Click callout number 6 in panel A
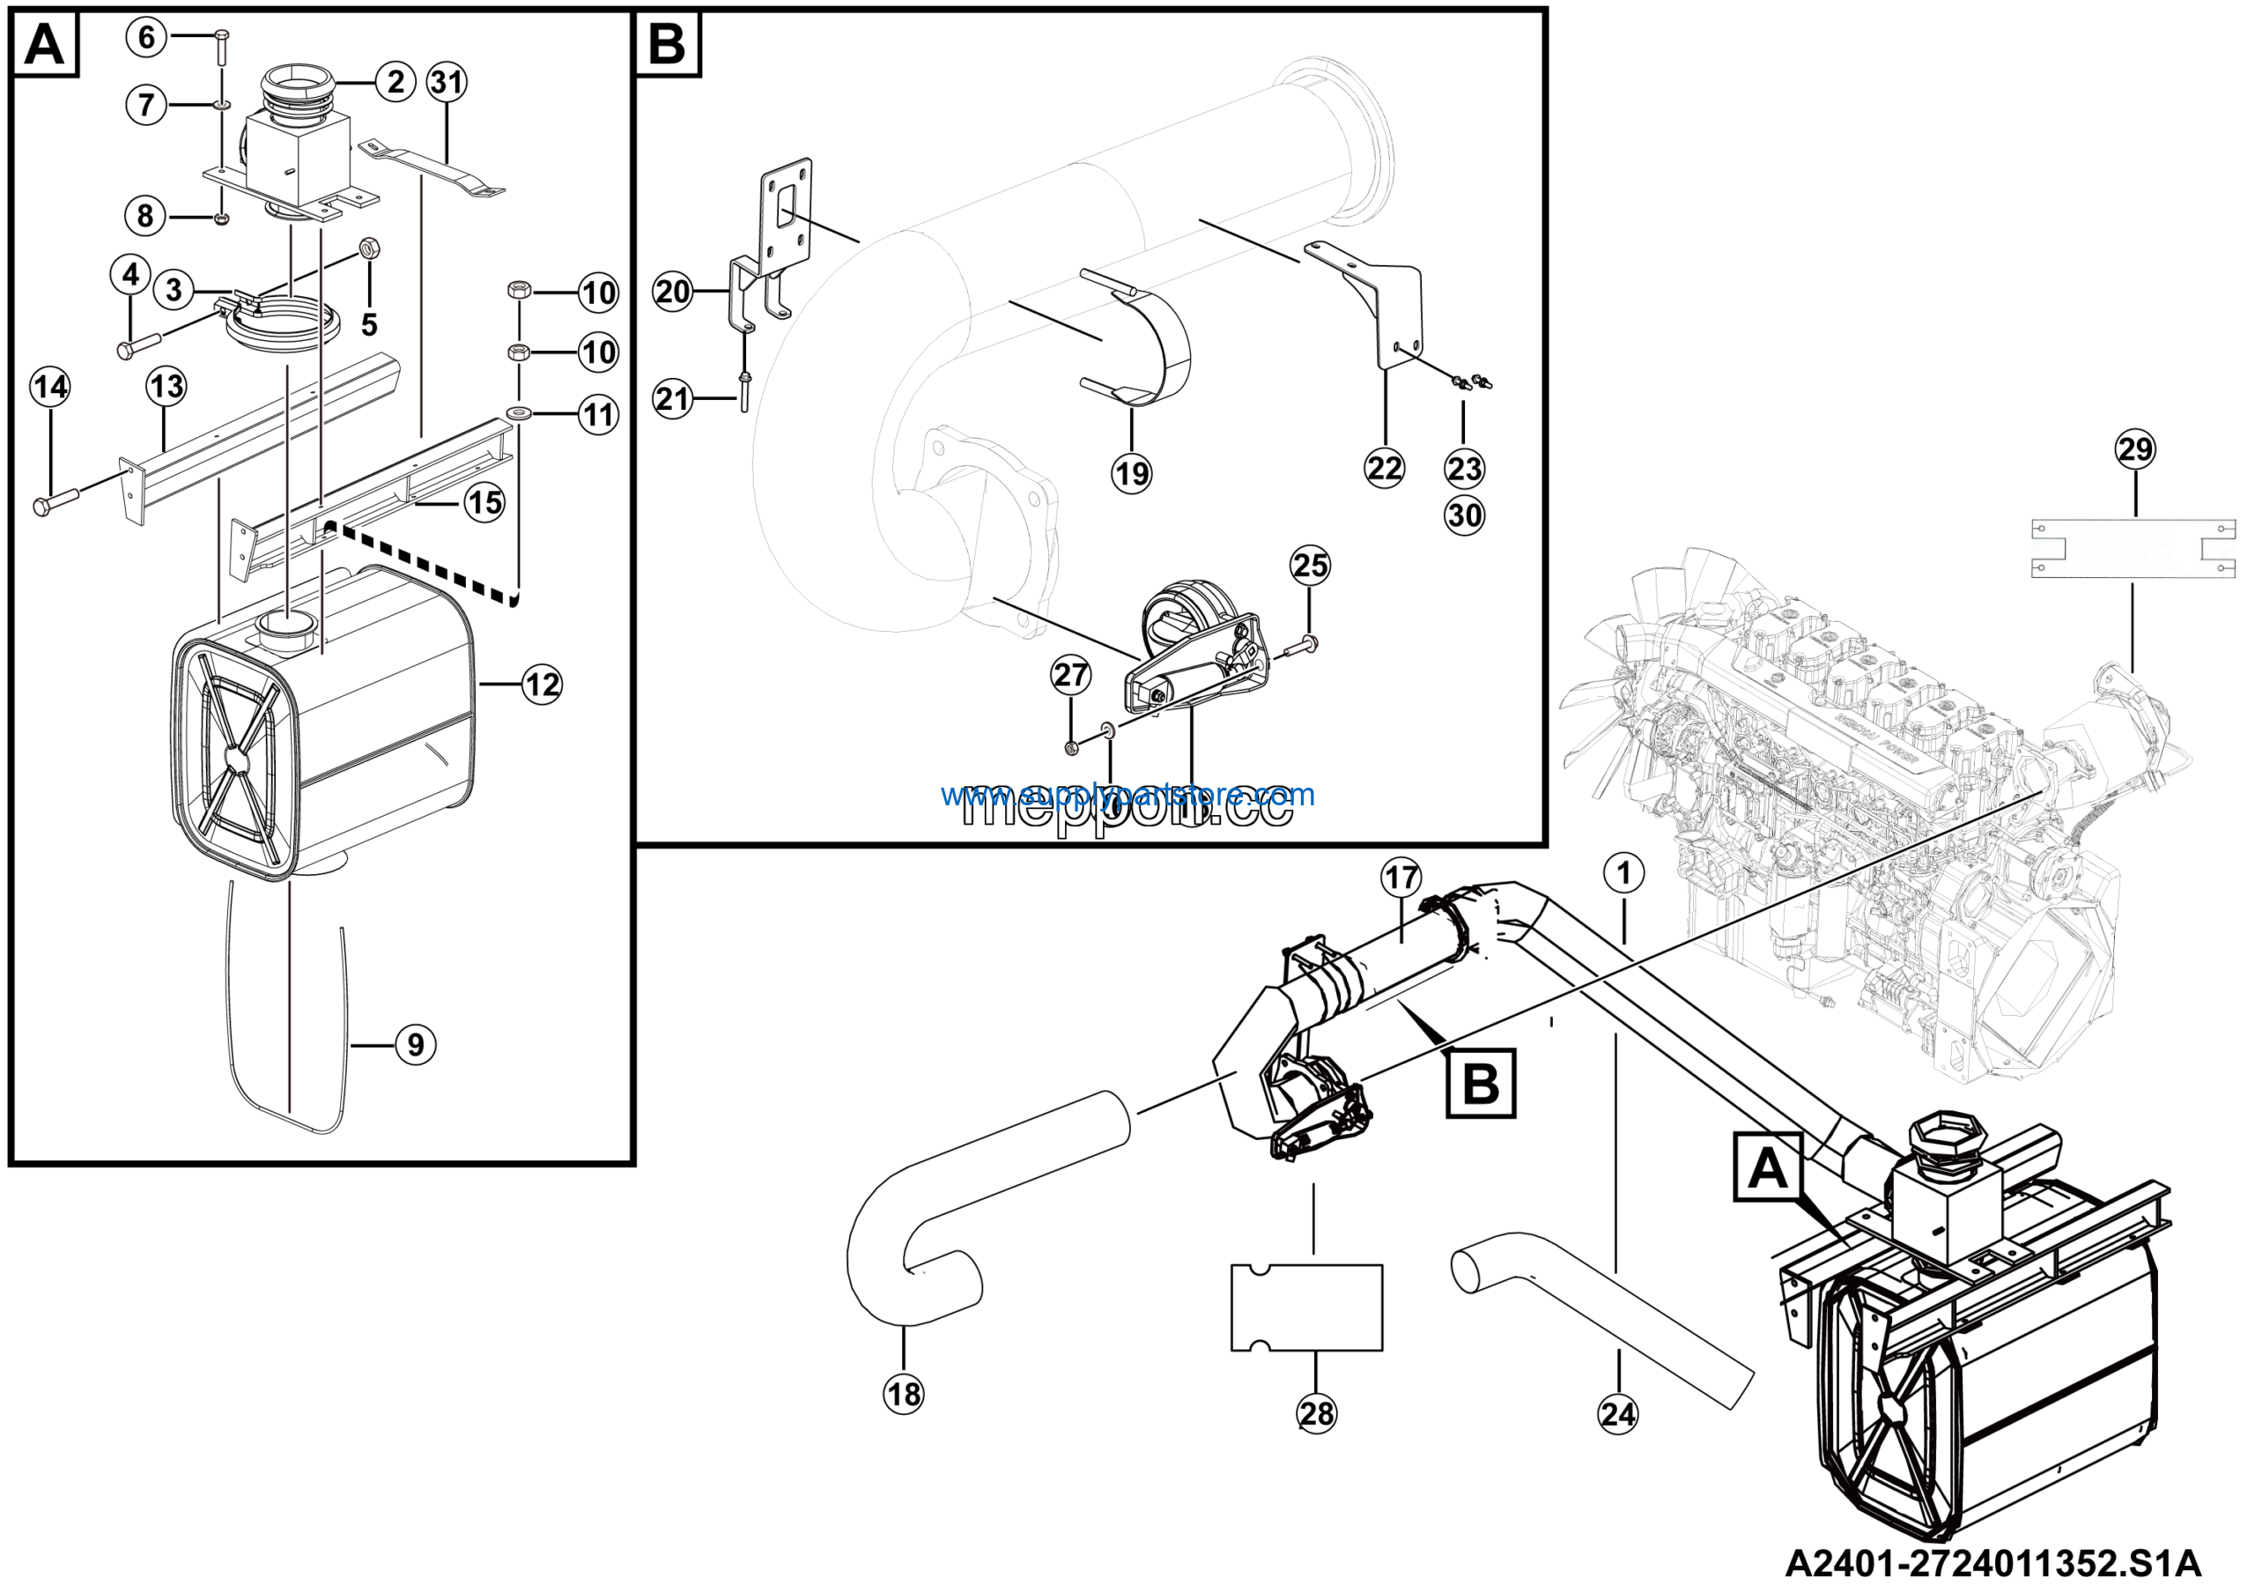pyautogui.click(x=146, y=37)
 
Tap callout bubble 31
pyautogui.click(x=447, y=82)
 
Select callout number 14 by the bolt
pyautogui.click(x=50, y=386)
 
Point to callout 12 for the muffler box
pyautogui.click(x=542, y=684)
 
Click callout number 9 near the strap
pyautogui.click(x=416, y=1044)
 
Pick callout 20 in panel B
pyautogui.click(x=673, y=292)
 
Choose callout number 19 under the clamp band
pyautogui.click(x=1131, y=474)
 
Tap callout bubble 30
pyautogui.click(x=1464, y=515)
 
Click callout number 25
pyautogui.click(x=1310, y=566)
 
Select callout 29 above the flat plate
pyautogui.click(x=2135, y=450)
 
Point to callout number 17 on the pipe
pyautogui.click(x=1401, y=877)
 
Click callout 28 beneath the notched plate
pyautogui.click(x=1317, y=1413)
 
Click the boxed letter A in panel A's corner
pyautogui.click(x=44, y=44)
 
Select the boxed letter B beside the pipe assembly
pyautogui.click(x=1481, y=1083)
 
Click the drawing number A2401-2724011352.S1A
pyautogui.click(x=1993, y=1562)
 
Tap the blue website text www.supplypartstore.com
pyautogui.click(x=1127, y=794)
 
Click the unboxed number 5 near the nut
pyautogui.click(x=369, y=324)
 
